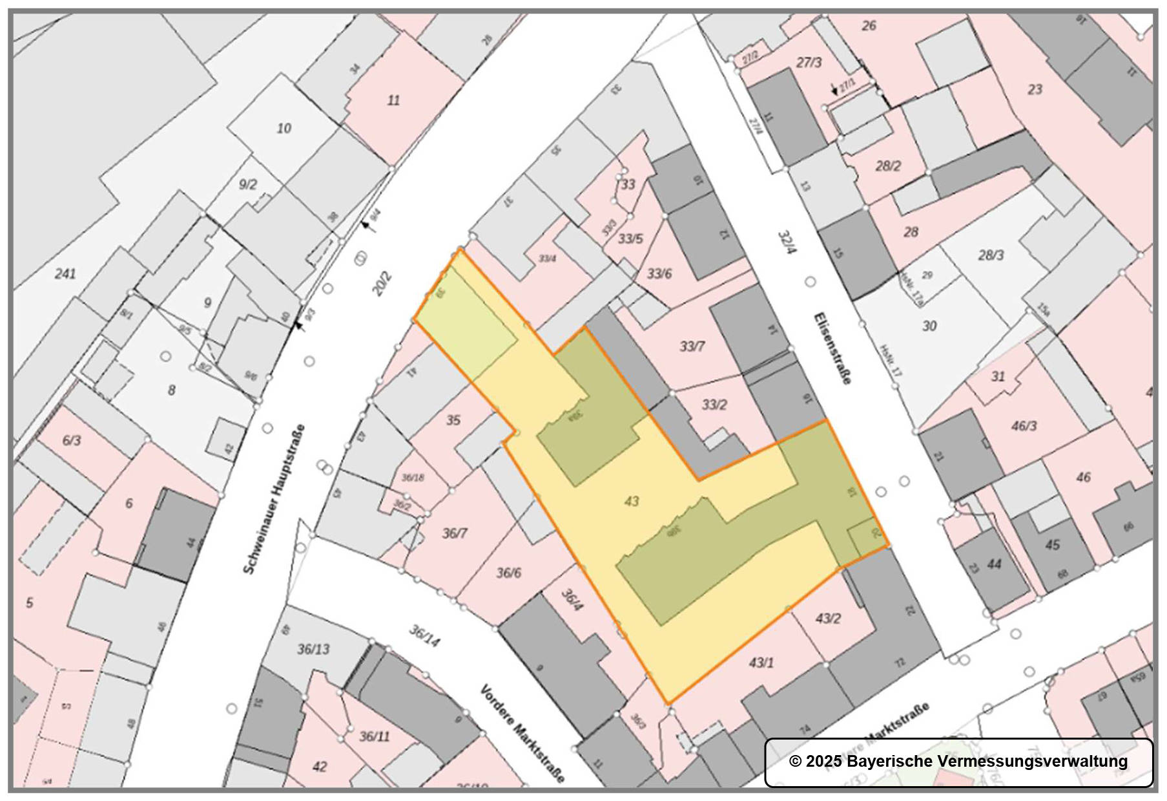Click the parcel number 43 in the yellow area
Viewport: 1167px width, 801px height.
[631, 501]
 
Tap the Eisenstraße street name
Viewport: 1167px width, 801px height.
[832, 348]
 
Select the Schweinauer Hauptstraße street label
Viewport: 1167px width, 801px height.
[274, 498]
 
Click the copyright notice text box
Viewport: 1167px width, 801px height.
[958, 762]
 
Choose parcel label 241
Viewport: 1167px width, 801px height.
[65, 273]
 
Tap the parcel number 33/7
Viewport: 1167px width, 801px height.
[692, 347]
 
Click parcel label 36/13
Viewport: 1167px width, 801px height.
[313, 648]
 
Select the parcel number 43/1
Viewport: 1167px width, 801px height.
[761, 663]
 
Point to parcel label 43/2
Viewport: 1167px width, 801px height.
[828, 618]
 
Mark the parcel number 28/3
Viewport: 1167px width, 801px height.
[991, 255]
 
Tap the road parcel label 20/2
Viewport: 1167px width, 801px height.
[382, 284]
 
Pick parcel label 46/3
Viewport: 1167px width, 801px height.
[1024, 426]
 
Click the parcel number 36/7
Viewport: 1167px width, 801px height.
[455, 533]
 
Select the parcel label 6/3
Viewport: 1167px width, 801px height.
[72, 440]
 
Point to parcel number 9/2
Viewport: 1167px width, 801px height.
[248, 185]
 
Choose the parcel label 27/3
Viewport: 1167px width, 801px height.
[809, 63]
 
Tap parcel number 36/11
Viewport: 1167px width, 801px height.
[375, 736]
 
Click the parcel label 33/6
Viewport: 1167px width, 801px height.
[659, 273]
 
